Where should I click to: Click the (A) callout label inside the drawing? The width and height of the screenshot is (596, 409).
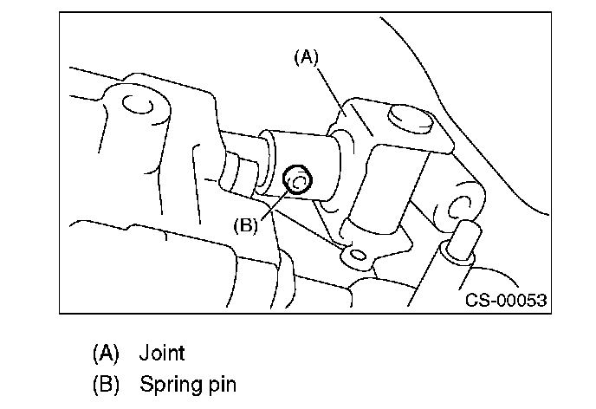tap(306, 58)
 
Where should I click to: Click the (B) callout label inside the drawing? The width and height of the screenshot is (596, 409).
tap(246, 225)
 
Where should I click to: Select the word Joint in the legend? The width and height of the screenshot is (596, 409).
tap(162, 353)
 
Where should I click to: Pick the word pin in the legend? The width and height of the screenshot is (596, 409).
tap(220, 382)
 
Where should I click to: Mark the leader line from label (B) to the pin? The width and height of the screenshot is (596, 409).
tap(271, 205)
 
